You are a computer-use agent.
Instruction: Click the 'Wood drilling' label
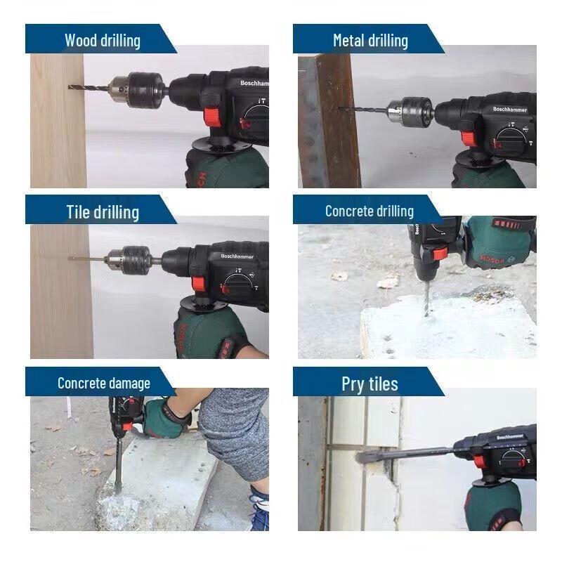tap(102, 40)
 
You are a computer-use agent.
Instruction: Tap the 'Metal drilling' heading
tap(370, 40)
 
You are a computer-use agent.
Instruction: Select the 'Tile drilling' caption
tap(103, 211)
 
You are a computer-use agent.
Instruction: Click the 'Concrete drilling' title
tap(369, 211)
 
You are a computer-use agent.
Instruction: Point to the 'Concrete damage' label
tap(103, 383)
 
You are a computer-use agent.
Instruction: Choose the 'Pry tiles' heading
tap(370, 384)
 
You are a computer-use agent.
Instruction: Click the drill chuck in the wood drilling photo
tap(137, 89)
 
